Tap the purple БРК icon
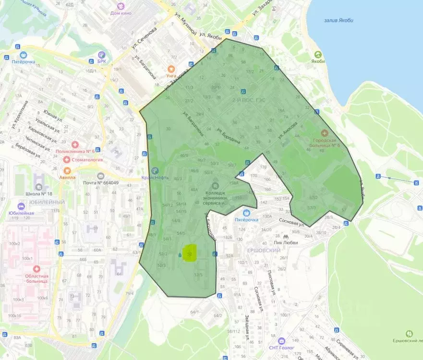coord(101,55)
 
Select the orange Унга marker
coord(170,69)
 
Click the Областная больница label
coord(33,278)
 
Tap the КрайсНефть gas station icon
coord(155,170)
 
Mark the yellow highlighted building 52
coord(191,253)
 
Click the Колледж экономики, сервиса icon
coord(215,184)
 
